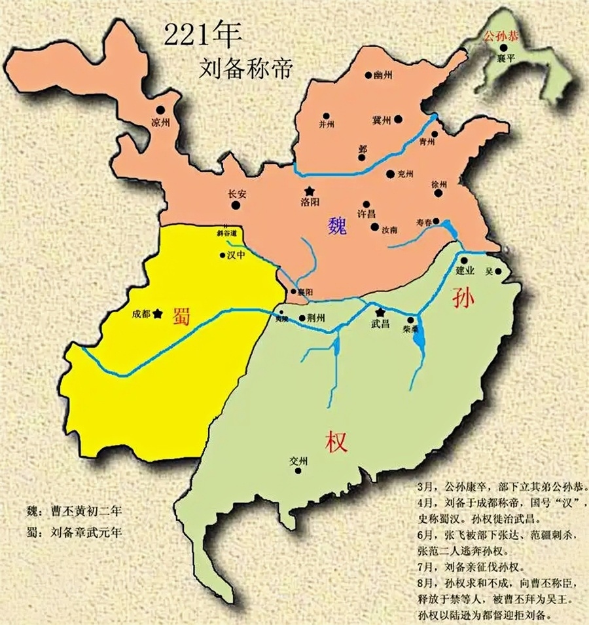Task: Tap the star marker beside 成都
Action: [x=157, y=314]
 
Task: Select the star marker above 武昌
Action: [x=380, y=312]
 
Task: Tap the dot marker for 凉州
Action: [x=160, y=111]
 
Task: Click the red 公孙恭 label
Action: [x=500, y=38]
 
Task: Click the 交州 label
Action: [x=298, y=461]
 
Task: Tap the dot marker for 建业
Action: [x=463, y=260]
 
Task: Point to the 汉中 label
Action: [x=236, y=256]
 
